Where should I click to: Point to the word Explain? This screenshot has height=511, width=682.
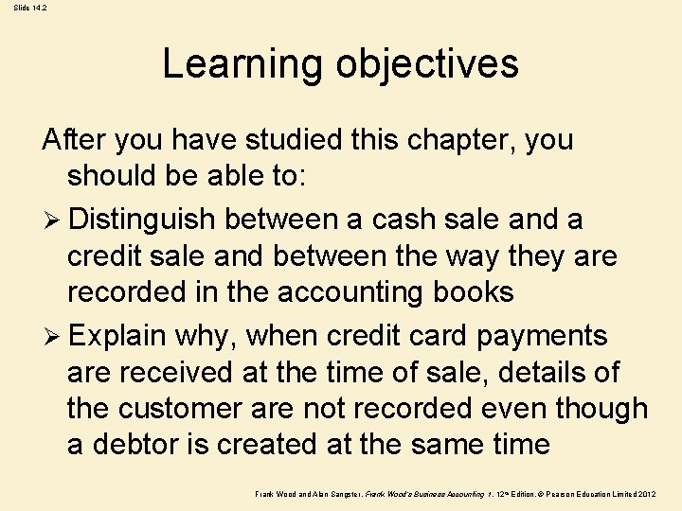(117, 335)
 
